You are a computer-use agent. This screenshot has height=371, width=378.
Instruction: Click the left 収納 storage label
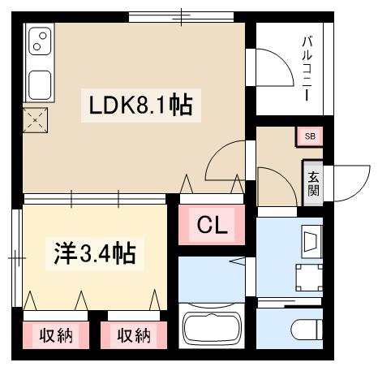[x=56, y=334]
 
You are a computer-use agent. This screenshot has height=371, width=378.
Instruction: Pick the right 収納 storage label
[x=134, y=334]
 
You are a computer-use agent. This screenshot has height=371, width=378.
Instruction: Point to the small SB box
[x=310, y=136]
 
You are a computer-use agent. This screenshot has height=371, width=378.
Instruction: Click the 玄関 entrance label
[x=313, y=183]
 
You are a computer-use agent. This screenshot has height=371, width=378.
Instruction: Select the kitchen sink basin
[x=39, y=84]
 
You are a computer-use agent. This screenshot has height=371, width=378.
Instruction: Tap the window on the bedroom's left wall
[x=16, y=257]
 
